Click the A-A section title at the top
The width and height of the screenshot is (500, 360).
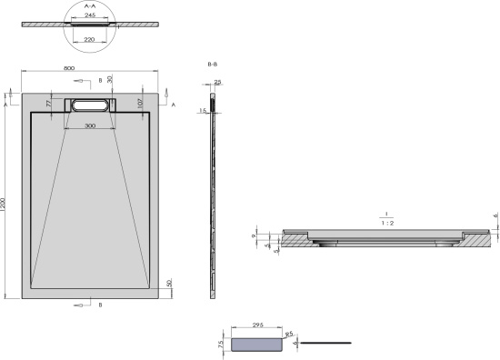[89, 5]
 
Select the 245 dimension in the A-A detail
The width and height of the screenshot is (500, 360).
[89, 15]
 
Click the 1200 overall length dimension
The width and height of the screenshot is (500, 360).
[5, 208]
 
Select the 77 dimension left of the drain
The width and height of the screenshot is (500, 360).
[50, 105]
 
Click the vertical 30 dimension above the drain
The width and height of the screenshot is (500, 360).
[110, 79]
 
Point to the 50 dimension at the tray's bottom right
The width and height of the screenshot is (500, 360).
[170, 284]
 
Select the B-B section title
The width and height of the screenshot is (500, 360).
[212, 65]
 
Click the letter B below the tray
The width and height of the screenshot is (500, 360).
[99, 305]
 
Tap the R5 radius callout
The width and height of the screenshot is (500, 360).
[288, 335]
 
